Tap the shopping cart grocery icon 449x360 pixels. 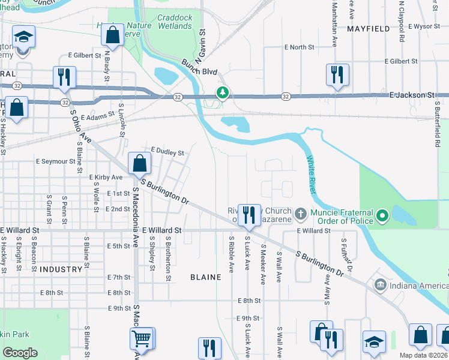coord(142,338)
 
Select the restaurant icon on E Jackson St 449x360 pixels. coord(337,75)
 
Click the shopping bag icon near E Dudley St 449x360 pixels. coord(139,163)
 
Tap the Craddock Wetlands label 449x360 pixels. coord(175,22)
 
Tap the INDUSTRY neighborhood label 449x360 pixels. coord(59,269)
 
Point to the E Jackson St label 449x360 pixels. coord(411,95)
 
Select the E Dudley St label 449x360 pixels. coord(167,153)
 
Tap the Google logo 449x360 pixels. coord(20,352)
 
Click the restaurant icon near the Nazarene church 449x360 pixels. coord(248,214)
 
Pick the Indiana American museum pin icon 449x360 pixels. coord(379,283)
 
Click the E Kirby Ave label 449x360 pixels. coord(106,178)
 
